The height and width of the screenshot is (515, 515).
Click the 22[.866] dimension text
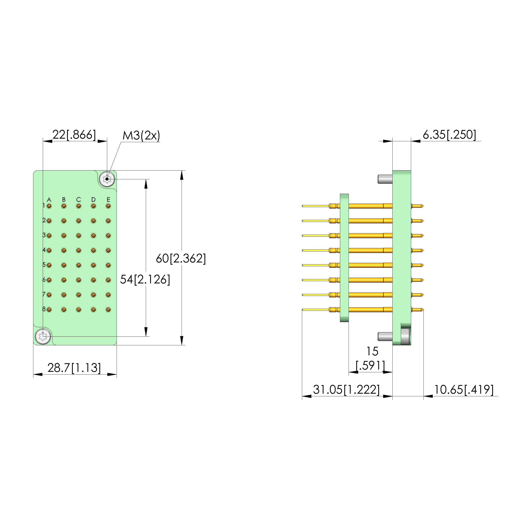coord(74,135)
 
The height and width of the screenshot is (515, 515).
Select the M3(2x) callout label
coord(141,136)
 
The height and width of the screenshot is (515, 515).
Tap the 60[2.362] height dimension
coord(181,258)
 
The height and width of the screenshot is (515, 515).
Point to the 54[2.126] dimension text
coord(145,279)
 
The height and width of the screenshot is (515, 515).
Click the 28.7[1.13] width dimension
coord(74,368)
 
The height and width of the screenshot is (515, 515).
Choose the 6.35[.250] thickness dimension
coord(449,135)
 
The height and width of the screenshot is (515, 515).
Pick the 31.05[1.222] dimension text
coord(346,390)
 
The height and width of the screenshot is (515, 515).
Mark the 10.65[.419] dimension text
coord(464,390)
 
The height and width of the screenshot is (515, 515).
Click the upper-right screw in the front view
coord(107,179)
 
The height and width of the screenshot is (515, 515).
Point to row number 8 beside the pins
coord(44,309)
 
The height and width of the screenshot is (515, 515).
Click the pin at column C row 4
coord(79,250)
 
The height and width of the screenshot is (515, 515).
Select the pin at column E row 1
coord(108,206)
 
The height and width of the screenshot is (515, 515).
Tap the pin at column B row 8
coord(64,310)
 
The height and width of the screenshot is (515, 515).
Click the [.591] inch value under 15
coord(371,366)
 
